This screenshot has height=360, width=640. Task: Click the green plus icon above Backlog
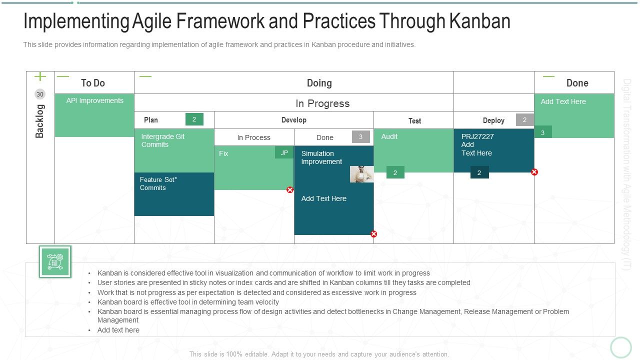coord(40,76)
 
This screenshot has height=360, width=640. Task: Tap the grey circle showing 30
coord(40,94)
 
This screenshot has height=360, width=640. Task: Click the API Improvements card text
coord(95,100)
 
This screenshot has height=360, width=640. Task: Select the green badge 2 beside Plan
coord(194,119)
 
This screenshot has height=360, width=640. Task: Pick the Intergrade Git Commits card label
coord(163,140)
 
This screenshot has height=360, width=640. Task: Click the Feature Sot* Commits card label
coord(158,183)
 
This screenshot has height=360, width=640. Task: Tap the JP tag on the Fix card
coord(284,152)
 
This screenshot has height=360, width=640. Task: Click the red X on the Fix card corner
coord(290,189)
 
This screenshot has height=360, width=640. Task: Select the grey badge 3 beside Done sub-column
coord(361,136)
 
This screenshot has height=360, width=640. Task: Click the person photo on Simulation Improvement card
coord(361,174)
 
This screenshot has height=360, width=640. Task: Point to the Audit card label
coord(389,136)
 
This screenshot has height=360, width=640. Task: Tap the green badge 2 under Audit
coord(395,172)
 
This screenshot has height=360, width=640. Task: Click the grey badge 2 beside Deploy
coord(525,119)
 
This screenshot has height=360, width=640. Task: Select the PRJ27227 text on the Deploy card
coord(477,136)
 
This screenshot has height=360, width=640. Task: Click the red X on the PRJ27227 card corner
coord(534,172)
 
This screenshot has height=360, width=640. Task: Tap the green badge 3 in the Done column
coord(543,132)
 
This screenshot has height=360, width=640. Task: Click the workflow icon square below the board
coord(55,261)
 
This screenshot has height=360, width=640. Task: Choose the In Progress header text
coord(322,103)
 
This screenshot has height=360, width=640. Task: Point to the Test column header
coord(414,121)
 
